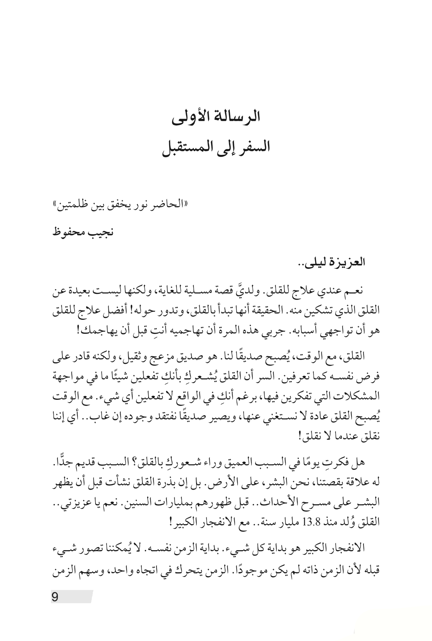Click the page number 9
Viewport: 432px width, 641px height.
pyautogui.click(x=55, y=597)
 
